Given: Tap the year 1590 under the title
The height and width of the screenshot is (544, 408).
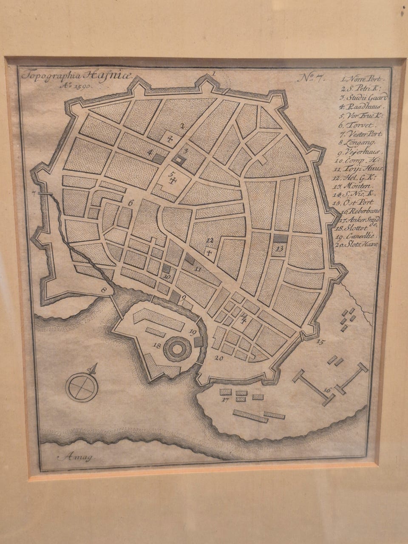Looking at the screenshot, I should (77, 85).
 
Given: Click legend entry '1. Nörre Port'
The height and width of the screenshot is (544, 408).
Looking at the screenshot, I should (360, 79).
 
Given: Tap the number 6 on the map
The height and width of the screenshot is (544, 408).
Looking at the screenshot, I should (130, 203).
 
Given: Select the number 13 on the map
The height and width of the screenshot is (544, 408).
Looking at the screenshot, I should (279, 248).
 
